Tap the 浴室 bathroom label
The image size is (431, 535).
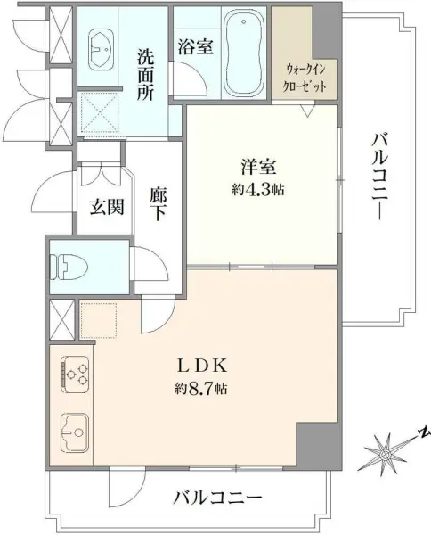pos(194,46)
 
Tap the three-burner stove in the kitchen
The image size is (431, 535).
pos(75,372)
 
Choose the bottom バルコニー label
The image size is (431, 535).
pos(217,497)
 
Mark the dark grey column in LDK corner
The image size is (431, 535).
pos(317,443)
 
